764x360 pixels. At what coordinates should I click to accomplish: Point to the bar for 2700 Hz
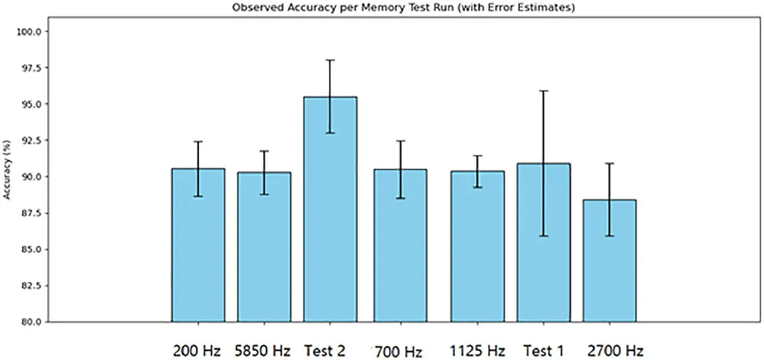[x=610, y=260]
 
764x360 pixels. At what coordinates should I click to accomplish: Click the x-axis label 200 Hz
[x=198, y=351]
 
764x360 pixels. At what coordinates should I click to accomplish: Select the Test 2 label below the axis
[x=324, y=351]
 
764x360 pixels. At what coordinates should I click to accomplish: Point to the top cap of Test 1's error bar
[x=544, y=91]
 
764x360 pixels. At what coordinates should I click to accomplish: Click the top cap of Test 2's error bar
[x=330, y=60]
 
